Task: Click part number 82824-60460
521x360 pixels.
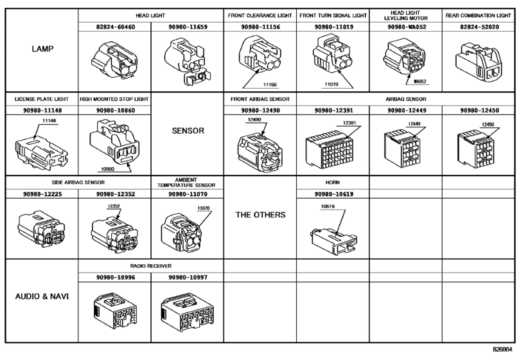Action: coord(116,27)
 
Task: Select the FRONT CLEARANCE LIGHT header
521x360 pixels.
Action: coord(260,15)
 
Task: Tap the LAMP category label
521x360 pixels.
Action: coord(42,49)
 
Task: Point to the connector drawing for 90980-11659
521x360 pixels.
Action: coord(187,61)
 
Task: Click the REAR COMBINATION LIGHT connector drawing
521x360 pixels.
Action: coord(477,62)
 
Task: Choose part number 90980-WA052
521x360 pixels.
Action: coord(407,27)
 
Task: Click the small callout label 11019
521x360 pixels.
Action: coord(331,84)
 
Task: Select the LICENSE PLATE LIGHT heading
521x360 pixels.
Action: coord(42,99)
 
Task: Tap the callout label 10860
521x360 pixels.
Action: coord(107,169)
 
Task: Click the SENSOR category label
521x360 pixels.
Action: coord(188,130)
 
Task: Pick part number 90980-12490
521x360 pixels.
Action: coord(261,111)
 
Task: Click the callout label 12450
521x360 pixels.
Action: coord(488,125)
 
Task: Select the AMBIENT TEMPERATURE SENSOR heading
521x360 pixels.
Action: coord(186,183)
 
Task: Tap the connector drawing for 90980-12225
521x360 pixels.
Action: coord(42,228)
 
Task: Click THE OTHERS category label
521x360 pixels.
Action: coord(261,215)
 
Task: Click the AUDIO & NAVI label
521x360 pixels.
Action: coord(42,296)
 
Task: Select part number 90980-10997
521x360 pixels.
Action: coord(188,277)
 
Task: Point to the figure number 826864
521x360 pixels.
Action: coord(502,349)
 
